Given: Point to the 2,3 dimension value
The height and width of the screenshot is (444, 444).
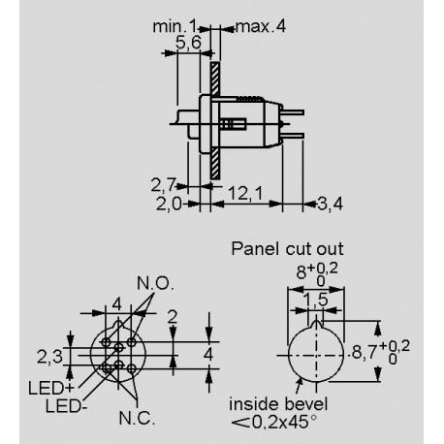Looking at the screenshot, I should tap(49, 356).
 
